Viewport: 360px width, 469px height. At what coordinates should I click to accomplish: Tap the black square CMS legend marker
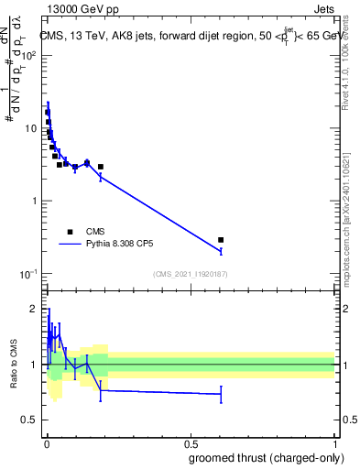point(70,232)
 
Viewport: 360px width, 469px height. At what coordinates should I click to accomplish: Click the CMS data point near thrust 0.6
point(221,240)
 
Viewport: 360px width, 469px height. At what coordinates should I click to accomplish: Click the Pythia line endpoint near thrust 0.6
point(221,251)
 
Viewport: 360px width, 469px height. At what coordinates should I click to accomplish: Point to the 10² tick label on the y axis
point(27,56)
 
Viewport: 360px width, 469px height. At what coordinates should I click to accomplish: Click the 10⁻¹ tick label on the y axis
point(27,274)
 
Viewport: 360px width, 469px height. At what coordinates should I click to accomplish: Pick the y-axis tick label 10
point(29,128)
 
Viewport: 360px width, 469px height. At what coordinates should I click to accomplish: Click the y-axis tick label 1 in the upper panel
point(33,201)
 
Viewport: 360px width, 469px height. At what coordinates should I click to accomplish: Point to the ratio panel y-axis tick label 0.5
point(30,421)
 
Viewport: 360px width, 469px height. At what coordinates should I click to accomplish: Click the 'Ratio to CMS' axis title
point(13,364)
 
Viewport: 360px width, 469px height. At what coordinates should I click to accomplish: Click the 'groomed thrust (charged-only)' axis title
point(267,457)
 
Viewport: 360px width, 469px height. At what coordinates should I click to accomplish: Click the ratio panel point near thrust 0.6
point(221,394)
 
